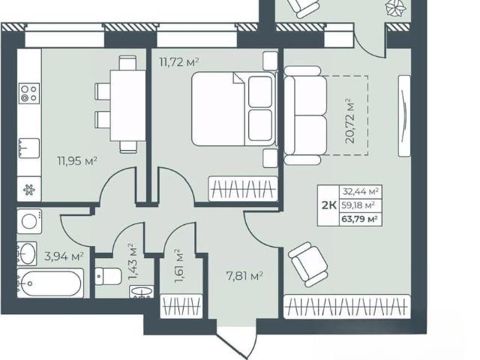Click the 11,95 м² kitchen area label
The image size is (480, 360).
coord(77,160)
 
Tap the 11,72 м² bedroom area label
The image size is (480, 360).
coord(179,62)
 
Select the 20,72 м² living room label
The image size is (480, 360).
coord(349,121)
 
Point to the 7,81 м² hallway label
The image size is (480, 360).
coord(244,277)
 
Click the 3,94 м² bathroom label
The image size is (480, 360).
coord(64,256)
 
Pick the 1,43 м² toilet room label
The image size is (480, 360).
coord(133,262)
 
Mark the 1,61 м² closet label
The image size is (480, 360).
coord(178,266)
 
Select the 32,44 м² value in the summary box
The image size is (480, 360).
coord(361,192)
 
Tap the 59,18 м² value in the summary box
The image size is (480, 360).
coord(358,205)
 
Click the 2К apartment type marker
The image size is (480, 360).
coord(329,205)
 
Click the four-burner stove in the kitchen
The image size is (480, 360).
coord(29,93)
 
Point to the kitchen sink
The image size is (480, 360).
coord(29,148)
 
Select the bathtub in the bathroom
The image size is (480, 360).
coord(50,283)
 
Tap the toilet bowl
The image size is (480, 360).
coord(108,277)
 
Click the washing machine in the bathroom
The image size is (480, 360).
coord(29,221)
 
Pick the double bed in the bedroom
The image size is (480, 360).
coord(233,109)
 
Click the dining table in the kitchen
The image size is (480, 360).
coord(127,105)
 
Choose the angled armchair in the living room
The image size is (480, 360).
coord(308,264)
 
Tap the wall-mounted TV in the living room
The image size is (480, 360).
coord(404,115)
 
